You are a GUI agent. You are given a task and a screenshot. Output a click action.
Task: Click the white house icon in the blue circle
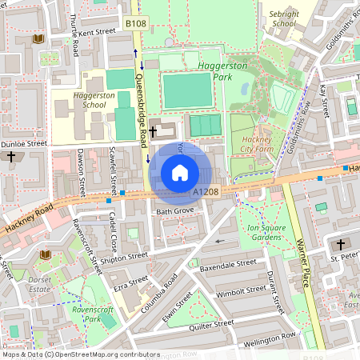[180, 173]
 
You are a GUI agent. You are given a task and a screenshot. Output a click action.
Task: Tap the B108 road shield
[136, 25]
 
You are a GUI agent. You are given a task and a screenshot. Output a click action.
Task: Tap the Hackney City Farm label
[257, 143]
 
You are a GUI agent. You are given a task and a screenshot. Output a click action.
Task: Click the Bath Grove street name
[175, 211]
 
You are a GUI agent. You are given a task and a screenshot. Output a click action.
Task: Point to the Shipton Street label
[125, 257]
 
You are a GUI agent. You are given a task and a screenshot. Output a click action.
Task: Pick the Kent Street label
[97, 32]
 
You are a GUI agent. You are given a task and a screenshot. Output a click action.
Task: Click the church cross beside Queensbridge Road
[153, 130]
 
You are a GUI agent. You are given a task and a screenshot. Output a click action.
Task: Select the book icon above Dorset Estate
[44, 254]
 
